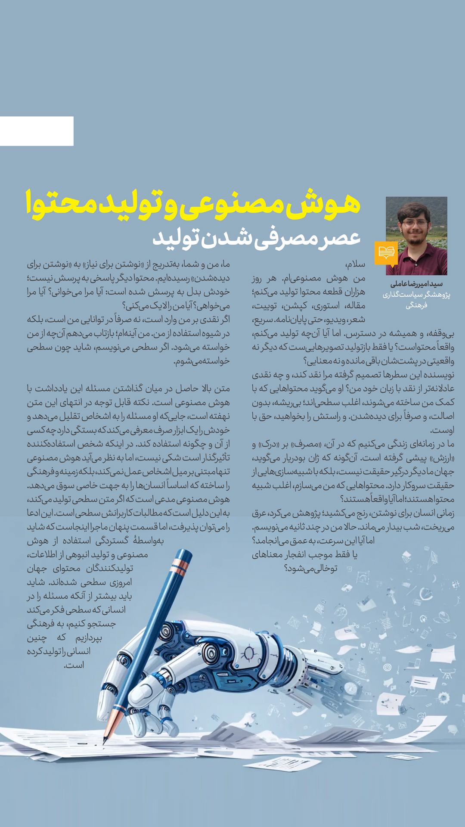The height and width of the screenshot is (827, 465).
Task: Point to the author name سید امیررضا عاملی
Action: click(x=416, y=284)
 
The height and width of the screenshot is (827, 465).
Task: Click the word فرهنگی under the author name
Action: click(x=416, y=305)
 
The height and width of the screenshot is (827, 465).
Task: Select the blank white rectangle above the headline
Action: click(x=37, y=131)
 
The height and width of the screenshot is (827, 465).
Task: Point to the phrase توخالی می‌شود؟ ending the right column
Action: click(x=311, y=568)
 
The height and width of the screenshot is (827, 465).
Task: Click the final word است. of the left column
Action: click(x=74, y=665)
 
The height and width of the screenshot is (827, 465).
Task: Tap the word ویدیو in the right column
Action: click(x=332, y=319)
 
